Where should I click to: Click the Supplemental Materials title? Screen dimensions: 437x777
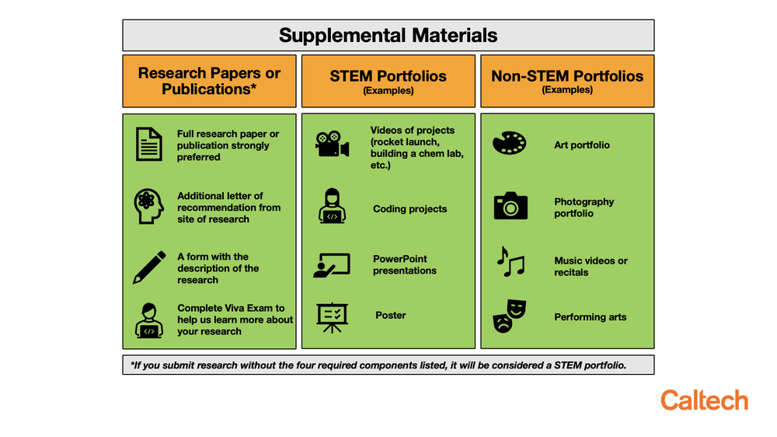pos(388,36)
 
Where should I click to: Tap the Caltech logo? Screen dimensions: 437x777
pos(704,401)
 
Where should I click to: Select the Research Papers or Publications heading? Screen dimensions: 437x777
pos(209,81)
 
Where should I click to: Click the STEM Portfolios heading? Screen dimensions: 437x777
pos(388,76)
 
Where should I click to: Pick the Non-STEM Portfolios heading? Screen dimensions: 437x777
pos(567,76)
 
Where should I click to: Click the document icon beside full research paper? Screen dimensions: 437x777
pos(149,145)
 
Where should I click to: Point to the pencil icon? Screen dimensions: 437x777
pos(149,267)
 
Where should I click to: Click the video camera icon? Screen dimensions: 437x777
pos(332,144)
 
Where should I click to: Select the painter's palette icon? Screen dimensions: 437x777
pos(510,144)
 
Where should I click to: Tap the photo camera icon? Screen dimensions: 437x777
pos(510,207)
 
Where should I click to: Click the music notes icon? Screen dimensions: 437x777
pos(510,263)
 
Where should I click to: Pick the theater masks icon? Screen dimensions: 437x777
pos(510,316)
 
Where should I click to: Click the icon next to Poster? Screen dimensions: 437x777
pos(332,316)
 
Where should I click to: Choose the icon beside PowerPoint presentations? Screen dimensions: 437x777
pos(332,265)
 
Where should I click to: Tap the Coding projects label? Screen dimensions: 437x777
pos(409,209)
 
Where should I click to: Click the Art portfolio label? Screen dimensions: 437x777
pos(582,145)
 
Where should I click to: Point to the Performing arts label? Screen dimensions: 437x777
pos(590,317)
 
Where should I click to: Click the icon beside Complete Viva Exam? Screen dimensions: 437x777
pos(149,320)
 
